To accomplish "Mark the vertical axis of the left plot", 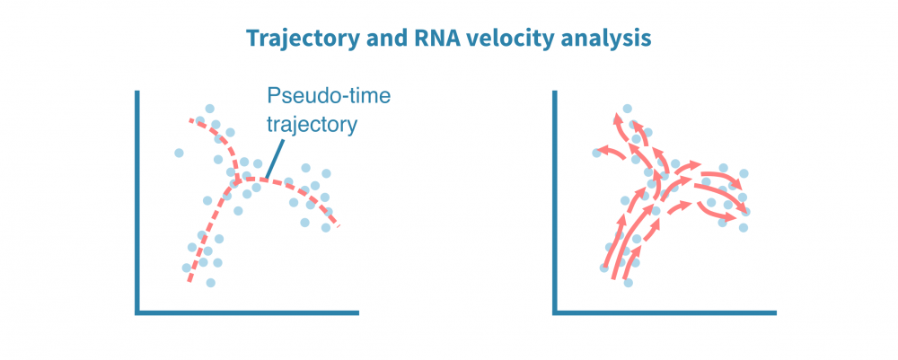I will pos(137,202).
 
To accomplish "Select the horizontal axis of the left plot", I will pos(247,312).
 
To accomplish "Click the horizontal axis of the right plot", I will pos(665,312).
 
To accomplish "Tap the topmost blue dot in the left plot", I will pos(210,109).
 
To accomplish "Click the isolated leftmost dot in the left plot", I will pos(179,153).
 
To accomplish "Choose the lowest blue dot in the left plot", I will pos(211,282).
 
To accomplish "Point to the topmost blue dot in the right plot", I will pos(627,109).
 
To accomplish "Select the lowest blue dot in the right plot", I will pos(629,283).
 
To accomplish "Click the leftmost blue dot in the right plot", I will pos(596,153).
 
